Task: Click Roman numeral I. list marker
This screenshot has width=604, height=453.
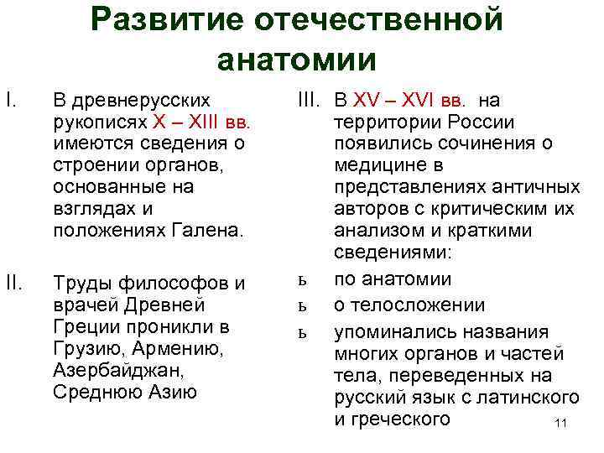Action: pyautogui.click(x=11, y=102)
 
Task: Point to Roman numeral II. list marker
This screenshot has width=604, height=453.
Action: pyautogui.click(x=13, y=283)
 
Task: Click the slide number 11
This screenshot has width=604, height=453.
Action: pyautogui.click(x=561, y=424)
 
